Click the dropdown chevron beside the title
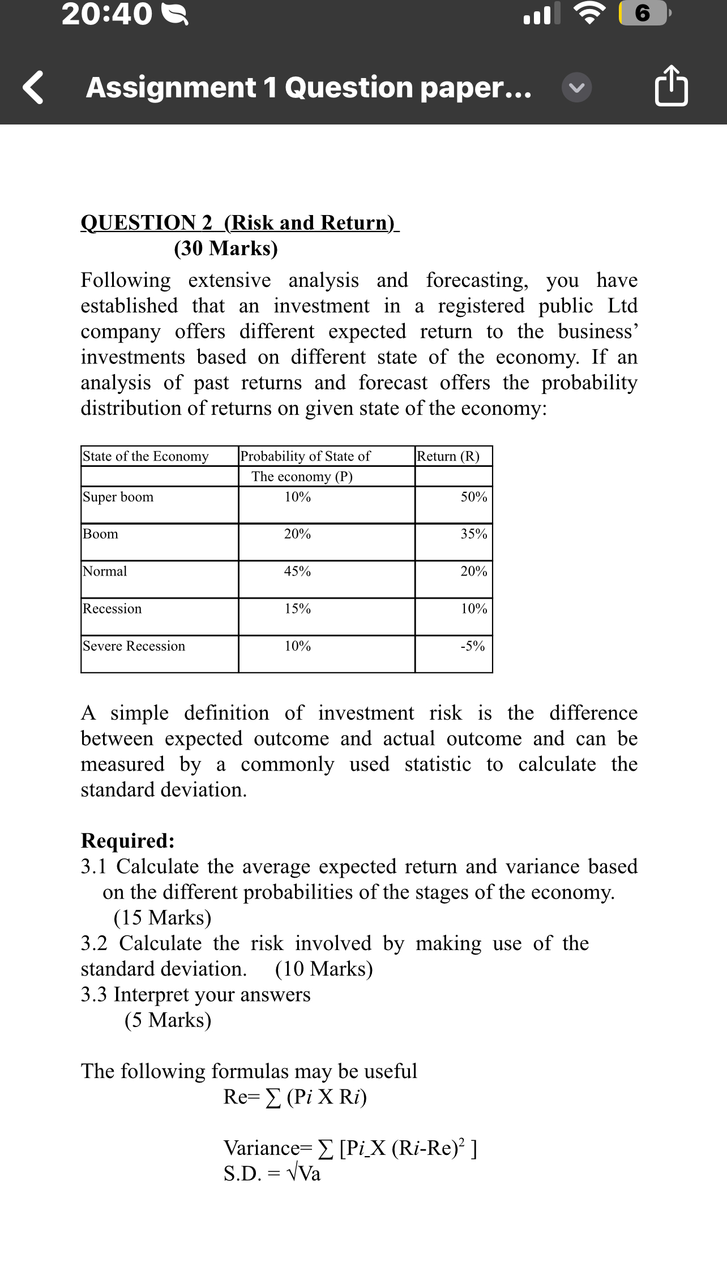(x=577, y=88)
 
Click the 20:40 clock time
(x=107, y=15)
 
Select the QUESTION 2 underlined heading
(x=240, y=222)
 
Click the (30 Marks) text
(x=226, y=248)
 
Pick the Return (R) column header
(x=448, y=456)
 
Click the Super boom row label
(x=118, y=497)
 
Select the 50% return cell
(x=473, y=497)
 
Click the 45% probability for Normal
(x=297, y=572)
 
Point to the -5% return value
(x=472, y=646)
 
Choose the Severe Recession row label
(x=134, y=646)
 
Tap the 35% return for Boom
(x=473, y=534)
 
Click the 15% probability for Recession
(x=297, y=609)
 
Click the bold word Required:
(x=128, y=841)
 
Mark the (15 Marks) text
(x=162, y=917)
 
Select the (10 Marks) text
(x=324, y=969)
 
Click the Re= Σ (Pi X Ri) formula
(x=295, y=1097)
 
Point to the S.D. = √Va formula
(x=272, y=1174)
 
